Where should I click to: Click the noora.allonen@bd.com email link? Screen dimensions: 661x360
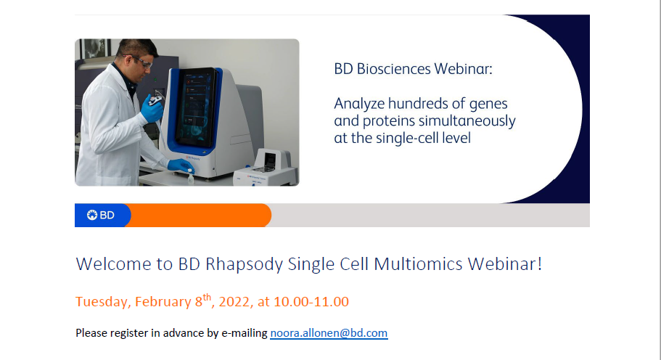[x=329, y=333]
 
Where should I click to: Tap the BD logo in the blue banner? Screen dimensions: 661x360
[x=101, y=216]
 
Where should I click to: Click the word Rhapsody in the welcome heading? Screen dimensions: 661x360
[x=244, y=265]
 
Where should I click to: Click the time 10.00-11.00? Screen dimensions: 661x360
[x=311, y=302]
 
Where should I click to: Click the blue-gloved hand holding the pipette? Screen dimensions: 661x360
[x=152, y=109]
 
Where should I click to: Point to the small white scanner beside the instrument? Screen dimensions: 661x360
[x=266, y=168]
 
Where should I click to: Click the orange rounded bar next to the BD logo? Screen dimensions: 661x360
[x=198, y=216]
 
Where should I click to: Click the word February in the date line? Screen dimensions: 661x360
[x=163, y=302]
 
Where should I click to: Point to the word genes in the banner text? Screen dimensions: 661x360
[x=488, y=105]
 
